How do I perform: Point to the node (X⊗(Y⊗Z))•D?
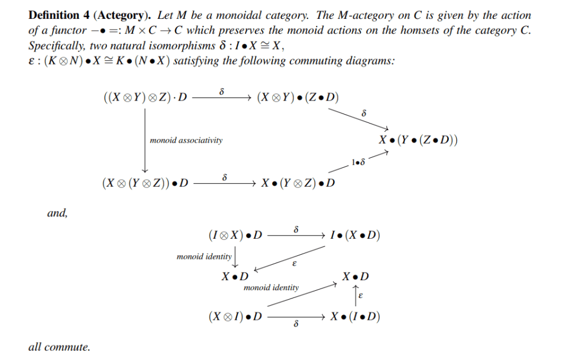145,183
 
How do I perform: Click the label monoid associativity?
186,140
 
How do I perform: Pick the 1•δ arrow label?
358,162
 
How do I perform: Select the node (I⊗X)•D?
235,235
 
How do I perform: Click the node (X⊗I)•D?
235,317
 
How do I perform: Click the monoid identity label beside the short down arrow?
204,257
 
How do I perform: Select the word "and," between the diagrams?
57,213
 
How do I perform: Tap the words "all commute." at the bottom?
59,347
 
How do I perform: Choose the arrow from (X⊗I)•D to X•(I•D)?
295,317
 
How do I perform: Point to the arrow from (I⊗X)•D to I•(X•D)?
295,235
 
